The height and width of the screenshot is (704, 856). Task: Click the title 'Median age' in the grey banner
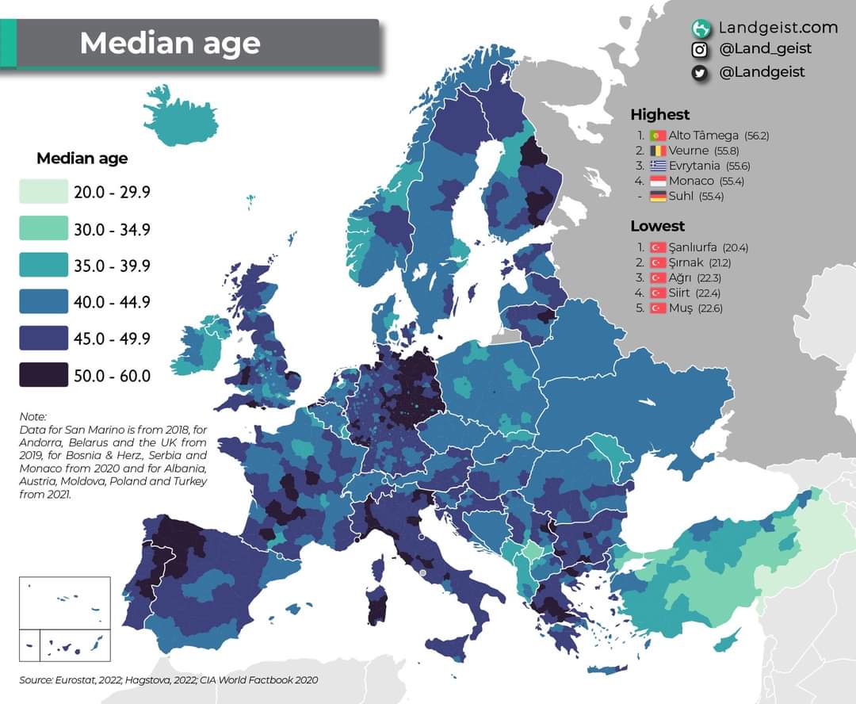pyautogui.click(x=170, y=43)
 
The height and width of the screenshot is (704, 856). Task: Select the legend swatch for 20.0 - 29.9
pyautogui.click(x=44, y=193)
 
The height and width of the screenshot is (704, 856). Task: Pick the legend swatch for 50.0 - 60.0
pyautogui.click(x=44, y=375)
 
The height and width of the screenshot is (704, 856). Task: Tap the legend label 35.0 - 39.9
pyautogui.click(x=112, y=266)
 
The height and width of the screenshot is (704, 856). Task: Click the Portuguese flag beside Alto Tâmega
pyautogui.click(x=657, y=136)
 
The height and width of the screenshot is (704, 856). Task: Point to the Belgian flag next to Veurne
pyautogui.click(x=657, y=151)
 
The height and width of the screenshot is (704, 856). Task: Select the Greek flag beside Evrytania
pyautogui.click(x=657, y=166)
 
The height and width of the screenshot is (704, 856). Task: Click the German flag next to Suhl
pyautogui.click(x=657, y=197)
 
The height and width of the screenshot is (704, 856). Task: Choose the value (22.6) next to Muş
pyautogui.click(x=709, y=308)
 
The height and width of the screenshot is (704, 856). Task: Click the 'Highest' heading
pyautogui.click(x=659, y=114)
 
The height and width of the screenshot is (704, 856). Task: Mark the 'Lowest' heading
pyautogui.click(x=657, y=226)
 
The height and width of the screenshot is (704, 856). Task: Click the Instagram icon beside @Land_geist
pyautogui.click(x=700, y=50)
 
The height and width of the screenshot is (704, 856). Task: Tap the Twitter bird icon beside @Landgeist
pyautogui.click(x=700, y=72)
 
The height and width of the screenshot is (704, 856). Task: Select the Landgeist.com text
pyautogui.click(x=778, y=28)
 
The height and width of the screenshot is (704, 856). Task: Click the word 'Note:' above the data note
pyautogui.click(x=33, y=416)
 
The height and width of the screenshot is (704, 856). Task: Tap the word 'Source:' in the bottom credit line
pyautogui.click(x=36, y=680)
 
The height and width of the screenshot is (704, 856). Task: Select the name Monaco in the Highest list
pyautogui.click(x=691, y=182)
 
